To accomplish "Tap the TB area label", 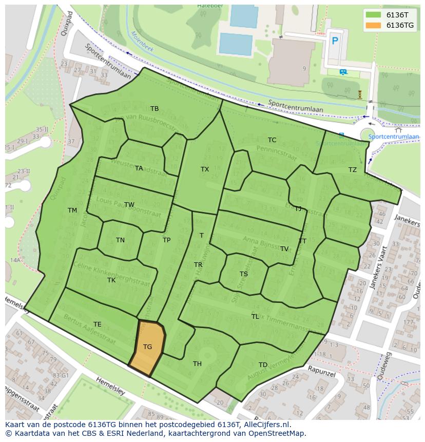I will click(154, 109).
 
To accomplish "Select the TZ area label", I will click(353, 170).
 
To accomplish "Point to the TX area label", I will click(205, 169).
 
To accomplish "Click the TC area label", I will click(272, 140).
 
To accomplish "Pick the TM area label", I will click(72, 210).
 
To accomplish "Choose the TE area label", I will click(98, 324).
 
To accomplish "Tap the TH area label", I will click(197, 364).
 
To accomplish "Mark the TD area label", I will click(263, 365).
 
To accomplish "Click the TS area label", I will click(244, 274).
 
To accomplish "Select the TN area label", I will click(120, 240).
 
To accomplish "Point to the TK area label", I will click(111, 280).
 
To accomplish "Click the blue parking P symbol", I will click(335, 41).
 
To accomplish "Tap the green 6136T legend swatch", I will click(374, 15).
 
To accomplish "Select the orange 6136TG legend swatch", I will click(374, 25).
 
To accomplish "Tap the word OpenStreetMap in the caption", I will click(278, 434).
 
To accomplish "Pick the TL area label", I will click(255, 317).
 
